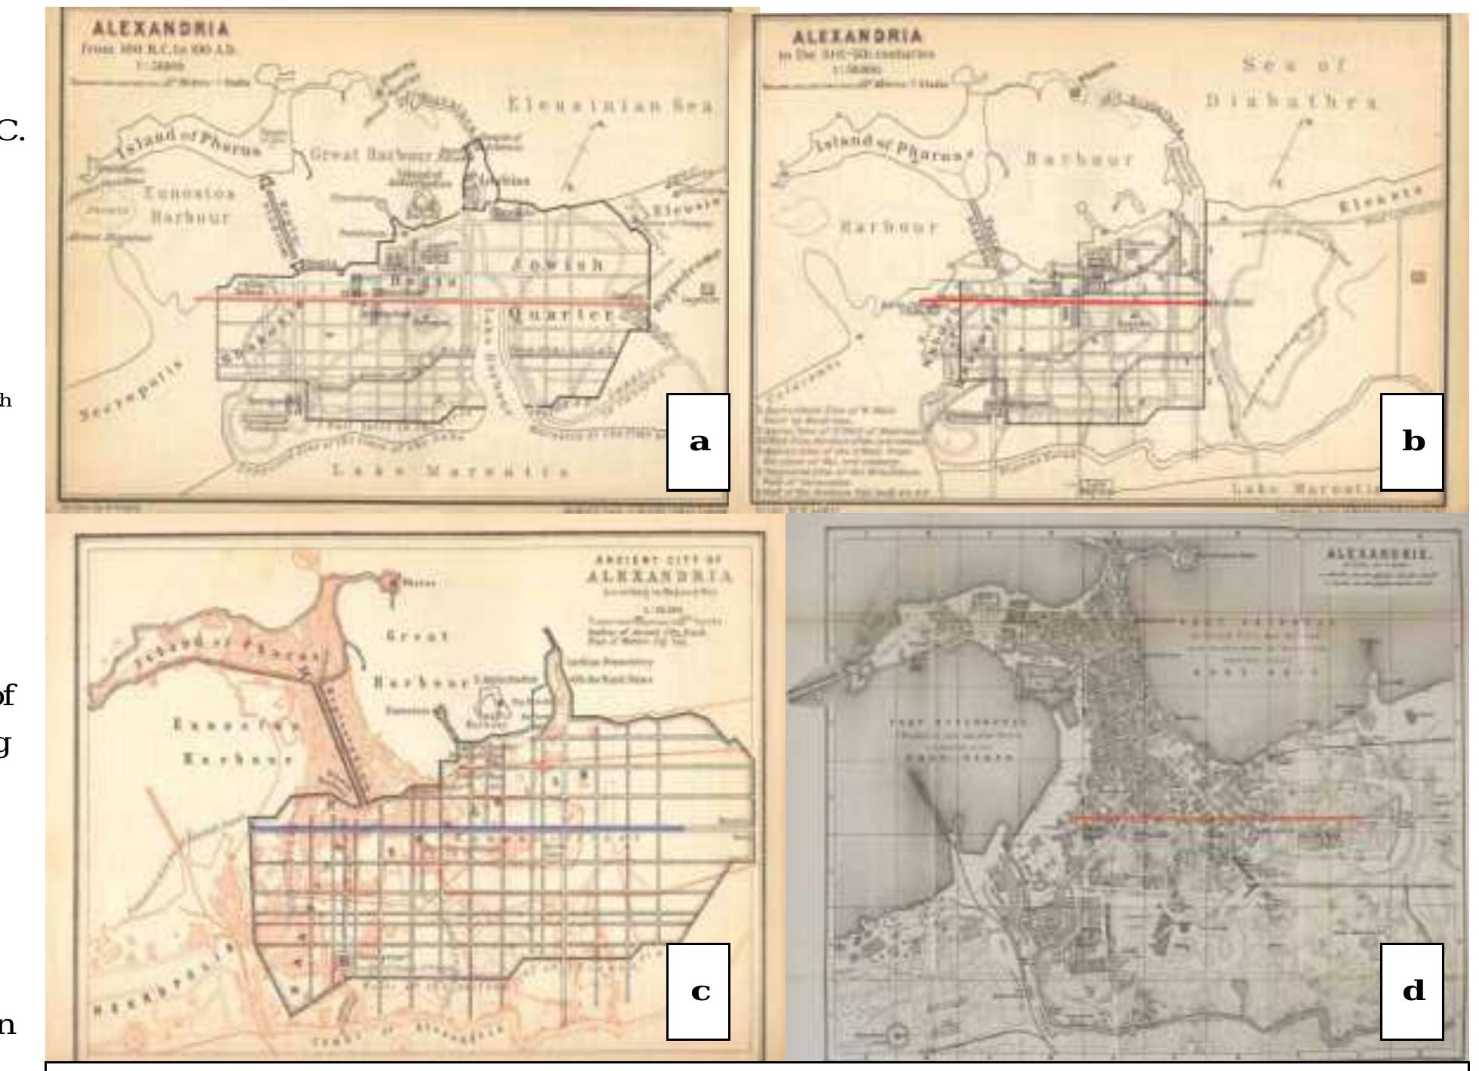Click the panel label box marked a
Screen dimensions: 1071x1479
tap(698, 441)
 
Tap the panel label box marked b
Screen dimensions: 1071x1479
tap(1412, 441)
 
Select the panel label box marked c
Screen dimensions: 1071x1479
tap(698, 990)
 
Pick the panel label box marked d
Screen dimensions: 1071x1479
tap(1412, 990)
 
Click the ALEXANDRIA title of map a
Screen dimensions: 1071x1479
tap(160, 29)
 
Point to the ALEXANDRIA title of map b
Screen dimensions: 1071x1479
tap(858, 35)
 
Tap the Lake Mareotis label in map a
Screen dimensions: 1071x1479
tap(450, 471)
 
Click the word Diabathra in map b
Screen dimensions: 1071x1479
tap(1290, 101)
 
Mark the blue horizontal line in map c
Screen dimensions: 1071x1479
tap(468, 829)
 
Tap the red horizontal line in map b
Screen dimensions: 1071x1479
tap(1062, 301)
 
